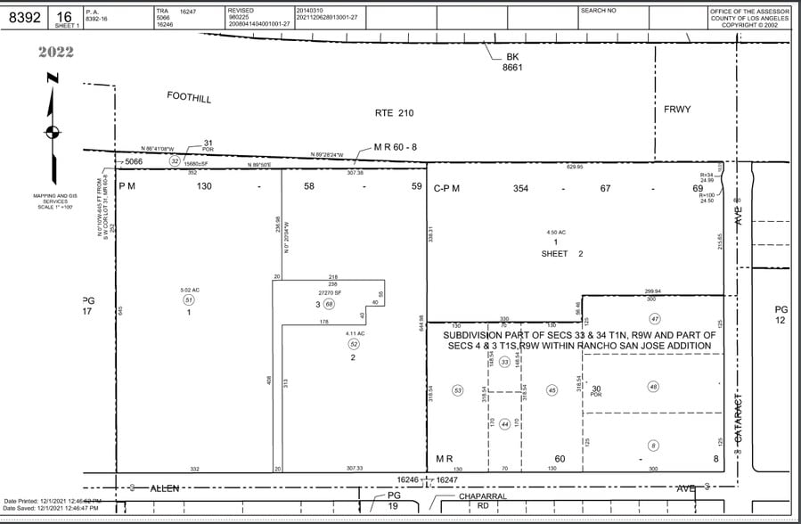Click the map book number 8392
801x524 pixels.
pos(22,17)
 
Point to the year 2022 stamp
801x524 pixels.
pos(56,52)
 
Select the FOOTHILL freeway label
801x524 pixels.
pos(189,97)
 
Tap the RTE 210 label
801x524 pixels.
pos(395,113)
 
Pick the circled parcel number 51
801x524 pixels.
pos(189,300)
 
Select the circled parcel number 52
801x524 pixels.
pos(353,344)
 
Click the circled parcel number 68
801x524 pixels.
pos(328,304)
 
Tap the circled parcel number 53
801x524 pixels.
pos(458,390)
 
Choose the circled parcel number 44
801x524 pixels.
pos(504,423)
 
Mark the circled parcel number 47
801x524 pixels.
pos(654,318)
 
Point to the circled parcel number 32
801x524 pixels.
pos(176,161)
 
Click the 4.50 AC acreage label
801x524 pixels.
pos(555,233)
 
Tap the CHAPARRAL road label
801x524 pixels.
pos(482,495)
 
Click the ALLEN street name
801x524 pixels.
pos(164,487)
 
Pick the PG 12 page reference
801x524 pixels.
pos(781,315)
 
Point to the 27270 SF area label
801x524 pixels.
pos(331,291)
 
